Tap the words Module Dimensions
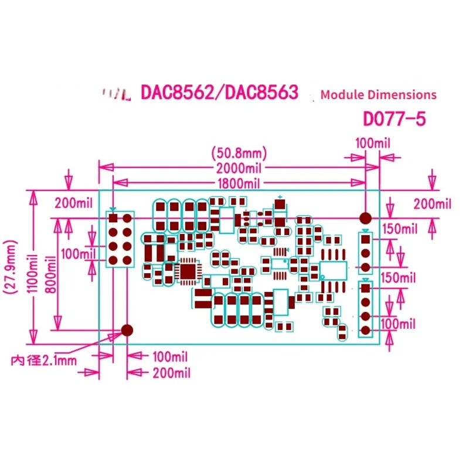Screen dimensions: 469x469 coord(379,94)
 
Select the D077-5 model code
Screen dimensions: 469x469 coord(393,119)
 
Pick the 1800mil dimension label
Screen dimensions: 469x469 coord(238,183)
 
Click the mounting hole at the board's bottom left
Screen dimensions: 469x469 coord(126,330)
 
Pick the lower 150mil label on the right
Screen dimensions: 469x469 coord(399,277)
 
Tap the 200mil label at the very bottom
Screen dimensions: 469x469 coord(171,372)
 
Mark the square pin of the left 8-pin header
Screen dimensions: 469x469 coord(113,218)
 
